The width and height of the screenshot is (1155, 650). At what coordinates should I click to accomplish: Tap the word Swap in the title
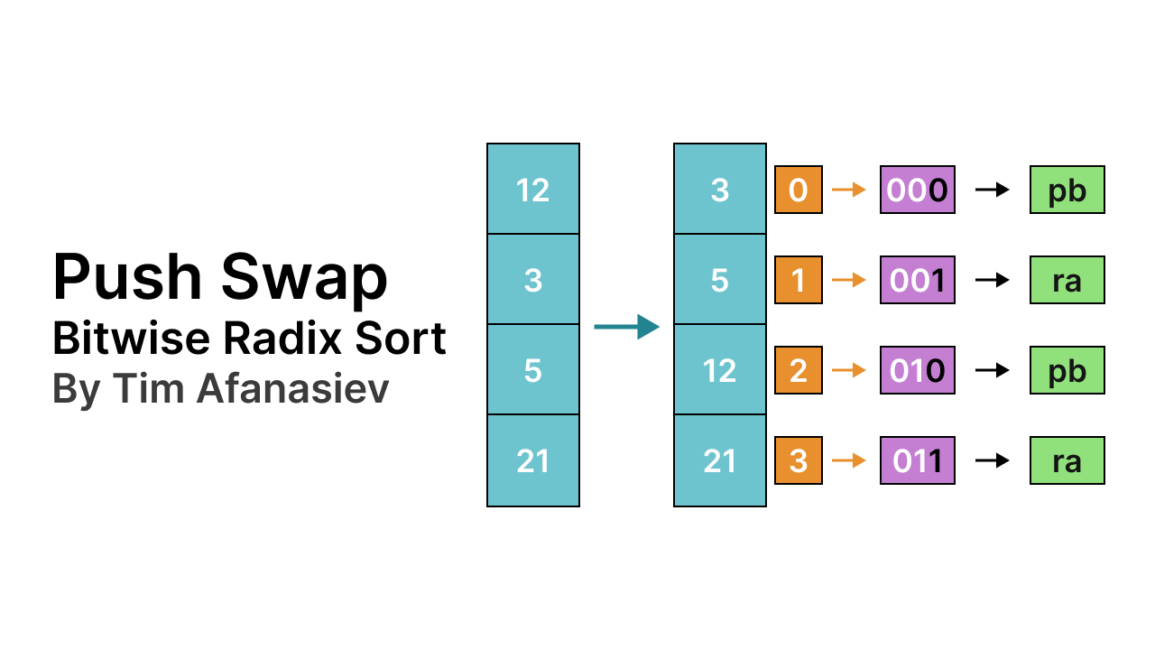point(308,278)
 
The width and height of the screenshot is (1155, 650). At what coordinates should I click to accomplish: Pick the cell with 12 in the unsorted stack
point(533,190)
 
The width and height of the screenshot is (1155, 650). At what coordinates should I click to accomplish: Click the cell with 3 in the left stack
point(533,280)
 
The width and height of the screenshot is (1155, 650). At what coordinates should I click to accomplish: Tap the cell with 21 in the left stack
point(533,460)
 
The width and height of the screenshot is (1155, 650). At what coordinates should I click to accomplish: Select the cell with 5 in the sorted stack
point(719,280)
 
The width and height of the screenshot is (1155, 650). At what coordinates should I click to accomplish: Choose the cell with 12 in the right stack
point(719,370)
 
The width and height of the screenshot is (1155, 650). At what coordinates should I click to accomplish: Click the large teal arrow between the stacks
point(627,327)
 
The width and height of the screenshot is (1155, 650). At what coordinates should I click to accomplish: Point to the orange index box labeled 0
point(799,190)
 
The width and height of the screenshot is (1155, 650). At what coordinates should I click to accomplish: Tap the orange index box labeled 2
point(799,370)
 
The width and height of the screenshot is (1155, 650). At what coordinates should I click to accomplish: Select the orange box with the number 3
point(799,460)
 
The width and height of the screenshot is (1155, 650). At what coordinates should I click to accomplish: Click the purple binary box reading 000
point(917,190)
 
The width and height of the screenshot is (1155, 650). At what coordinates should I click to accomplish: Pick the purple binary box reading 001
point(917,280)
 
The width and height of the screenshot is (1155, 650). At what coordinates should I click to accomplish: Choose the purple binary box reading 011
point(917,460)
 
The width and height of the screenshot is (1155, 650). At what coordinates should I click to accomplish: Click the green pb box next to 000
point(1067,190)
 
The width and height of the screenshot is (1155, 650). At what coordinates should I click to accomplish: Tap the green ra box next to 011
point(1067,460)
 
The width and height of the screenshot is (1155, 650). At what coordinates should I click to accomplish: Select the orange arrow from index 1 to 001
point(849,280)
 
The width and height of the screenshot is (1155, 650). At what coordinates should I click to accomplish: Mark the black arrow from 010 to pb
point(993,370)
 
